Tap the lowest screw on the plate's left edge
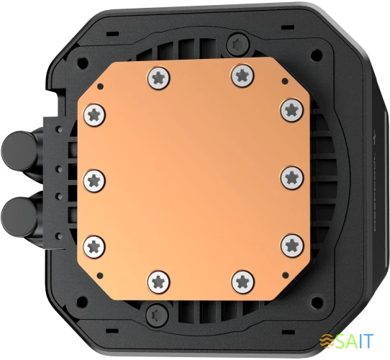[96, 243]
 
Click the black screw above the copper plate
[232, 45]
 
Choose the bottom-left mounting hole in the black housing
[81, 300]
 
